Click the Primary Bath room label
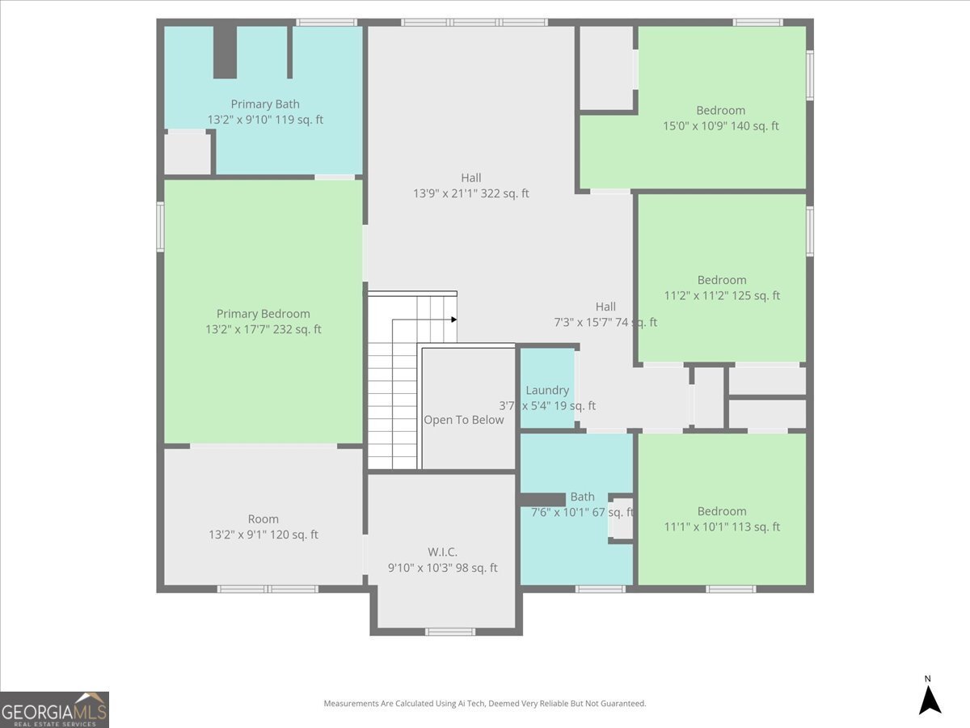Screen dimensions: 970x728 pos(265,104)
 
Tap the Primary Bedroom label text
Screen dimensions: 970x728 pos(264,314)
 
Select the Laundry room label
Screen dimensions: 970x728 pos(547,391)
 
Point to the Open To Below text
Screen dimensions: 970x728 pos(463,420)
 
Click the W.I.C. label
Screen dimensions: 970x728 pos(442,552)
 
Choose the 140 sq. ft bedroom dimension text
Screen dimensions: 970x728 pos(721,126)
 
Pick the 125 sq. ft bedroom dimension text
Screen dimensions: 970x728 pos(722,295)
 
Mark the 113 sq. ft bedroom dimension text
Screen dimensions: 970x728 pos(722,527)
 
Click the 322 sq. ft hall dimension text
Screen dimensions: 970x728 pos(471,193)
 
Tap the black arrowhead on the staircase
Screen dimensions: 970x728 pos(453,320)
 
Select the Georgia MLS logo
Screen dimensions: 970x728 pos(54,709)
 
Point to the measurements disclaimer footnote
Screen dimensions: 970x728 pos(485,703)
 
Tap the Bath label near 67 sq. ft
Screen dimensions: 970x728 pos(583,497)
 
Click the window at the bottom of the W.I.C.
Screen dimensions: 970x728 pos(450,632)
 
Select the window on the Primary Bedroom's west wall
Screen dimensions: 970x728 pos(160,226)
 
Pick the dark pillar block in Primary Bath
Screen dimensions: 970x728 pos(225,52)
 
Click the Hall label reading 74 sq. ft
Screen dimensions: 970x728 pos(605,307)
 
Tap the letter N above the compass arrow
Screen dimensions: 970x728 pos(928,679)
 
